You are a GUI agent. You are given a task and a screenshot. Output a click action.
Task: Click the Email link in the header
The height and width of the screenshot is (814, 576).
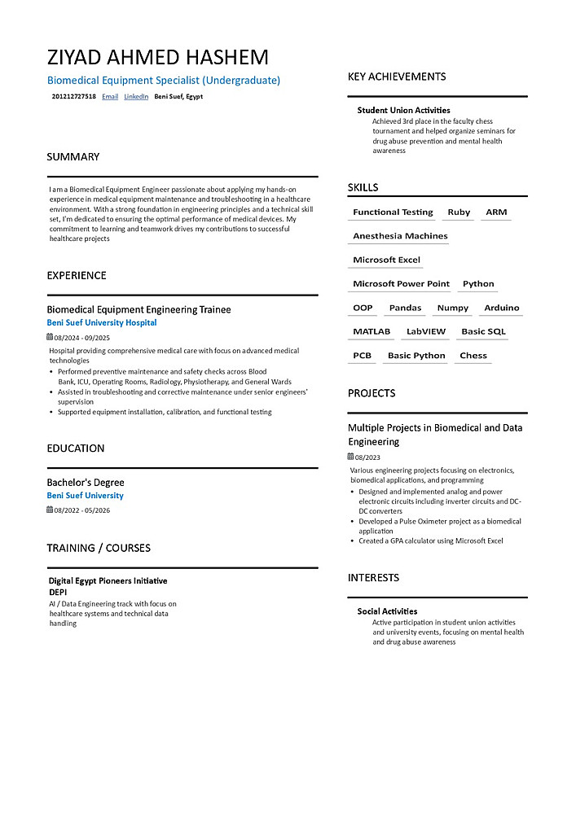click(110, 97)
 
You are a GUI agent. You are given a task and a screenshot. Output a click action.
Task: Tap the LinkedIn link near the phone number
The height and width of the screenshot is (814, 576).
click(136, 97)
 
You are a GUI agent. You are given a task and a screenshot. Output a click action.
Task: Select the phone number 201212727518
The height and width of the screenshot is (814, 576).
click(73, 97)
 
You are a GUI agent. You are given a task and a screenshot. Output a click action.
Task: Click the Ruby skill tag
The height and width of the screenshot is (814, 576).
click(459, 212)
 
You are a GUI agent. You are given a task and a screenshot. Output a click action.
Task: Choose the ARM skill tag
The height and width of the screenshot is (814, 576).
click(496, 212)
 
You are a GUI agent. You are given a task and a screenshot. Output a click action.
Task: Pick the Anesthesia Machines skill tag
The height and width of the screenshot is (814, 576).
click(400, 236)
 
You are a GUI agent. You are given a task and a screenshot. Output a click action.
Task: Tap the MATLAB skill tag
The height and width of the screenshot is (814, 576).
click(372, 332)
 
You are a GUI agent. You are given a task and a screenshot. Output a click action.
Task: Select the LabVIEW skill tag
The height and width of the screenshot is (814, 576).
click(426, 332)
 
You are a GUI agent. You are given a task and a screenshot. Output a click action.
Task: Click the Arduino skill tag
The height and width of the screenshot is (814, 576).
click(501, 309)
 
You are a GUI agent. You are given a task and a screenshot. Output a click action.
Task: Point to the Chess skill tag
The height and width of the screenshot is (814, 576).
click(473, 356)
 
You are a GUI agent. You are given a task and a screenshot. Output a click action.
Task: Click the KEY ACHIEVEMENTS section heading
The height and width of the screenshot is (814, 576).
click(397, 77)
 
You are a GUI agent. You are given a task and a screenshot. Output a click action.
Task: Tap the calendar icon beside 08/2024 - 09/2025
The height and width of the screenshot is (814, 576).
click(50, 337)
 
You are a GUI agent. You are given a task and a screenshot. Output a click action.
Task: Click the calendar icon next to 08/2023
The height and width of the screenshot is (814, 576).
click(351, 457)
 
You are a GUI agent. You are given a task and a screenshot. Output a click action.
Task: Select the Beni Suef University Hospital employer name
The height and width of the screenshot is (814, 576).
click(102, 323)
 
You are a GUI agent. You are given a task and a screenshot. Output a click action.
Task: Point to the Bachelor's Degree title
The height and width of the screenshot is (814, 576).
click(86, 483)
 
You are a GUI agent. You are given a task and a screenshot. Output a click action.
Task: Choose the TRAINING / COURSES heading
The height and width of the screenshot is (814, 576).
click(99, 548)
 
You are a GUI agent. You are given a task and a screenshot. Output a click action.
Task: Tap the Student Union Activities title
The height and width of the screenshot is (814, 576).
click(403, 110)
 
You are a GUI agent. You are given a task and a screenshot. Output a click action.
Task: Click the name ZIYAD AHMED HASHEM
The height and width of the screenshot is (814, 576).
click(157, 57)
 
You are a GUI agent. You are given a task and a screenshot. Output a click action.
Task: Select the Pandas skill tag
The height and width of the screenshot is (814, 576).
click(405, 309)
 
